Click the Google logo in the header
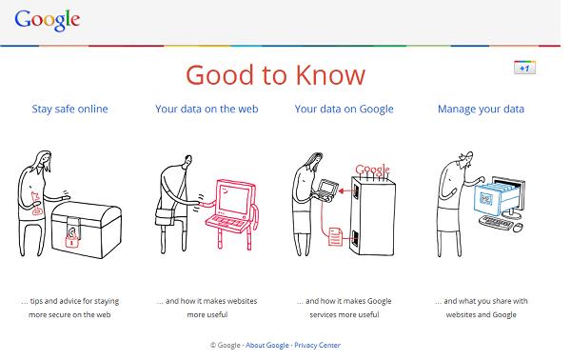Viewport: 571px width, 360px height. (x=48, y=20)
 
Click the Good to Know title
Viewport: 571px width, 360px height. (x=275, y=75)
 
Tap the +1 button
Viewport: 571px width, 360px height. (x=524, y=68)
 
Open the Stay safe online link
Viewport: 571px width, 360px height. (x=69, y=109)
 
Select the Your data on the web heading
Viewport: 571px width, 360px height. (x=207, y=109)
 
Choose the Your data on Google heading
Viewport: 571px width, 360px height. (x=345, y=109)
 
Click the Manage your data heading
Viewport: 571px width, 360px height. (x=481, y=109)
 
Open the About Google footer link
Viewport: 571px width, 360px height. (x=267, y=345)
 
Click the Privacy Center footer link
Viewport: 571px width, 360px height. (x=318, y=345)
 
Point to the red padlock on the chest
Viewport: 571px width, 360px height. (x=71, y=241)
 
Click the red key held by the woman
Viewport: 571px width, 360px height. (x=36, y=203)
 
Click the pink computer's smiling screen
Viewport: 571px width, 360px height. (x=233, y=198)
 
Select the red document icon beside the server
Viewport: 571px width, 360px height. (x=335, y=236)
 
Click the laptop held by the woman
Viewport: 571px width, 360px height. (x=326, y=190)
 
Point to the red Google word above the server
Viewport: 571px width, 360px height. (x=372, y=170)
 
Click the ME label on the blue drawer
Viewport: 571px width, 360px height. (x=485, y=199)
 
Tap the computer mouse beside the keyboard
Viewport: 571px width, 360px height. (x=518, y=228)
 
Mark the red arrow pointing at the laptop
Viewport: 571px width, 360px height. (x=347, y=190)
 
